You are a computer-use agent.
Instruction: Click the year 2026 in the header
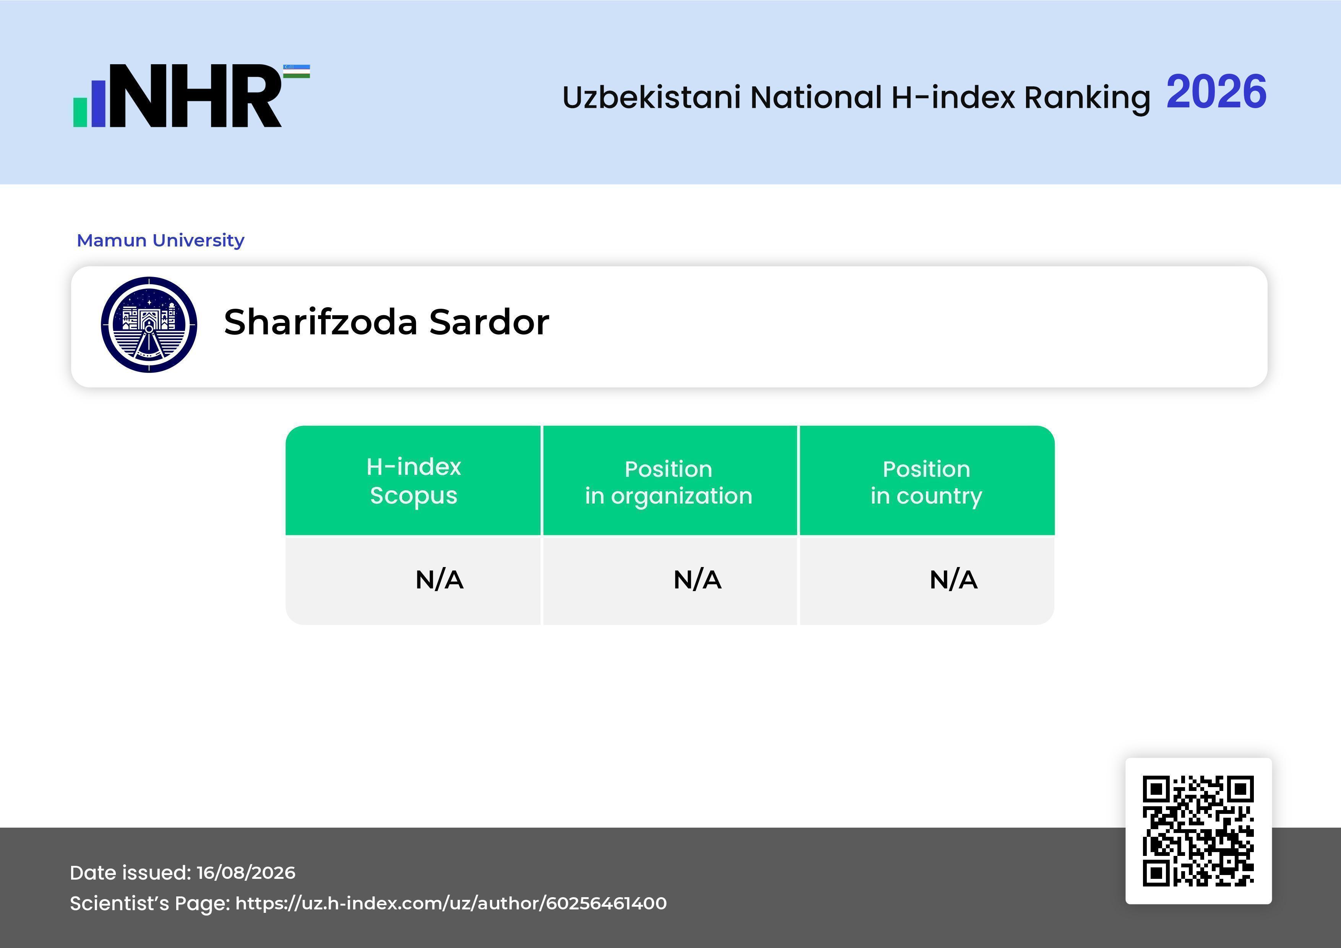click(x=1217, y=92)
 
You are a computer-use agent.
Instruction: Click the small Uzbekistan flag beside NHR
click(x=297, y=71)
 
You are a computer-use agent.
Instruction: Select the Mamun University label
click(x=161, y=240)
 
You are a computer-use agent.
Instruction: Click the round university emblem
click(x=149, y=324)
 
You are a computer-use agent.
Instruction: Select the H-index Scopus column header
click(x=414, y=481)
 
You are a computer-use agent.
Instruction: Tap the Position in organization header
click(x=669, y=482)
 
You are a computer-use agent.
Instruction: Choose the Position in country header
click(x=926, y=482)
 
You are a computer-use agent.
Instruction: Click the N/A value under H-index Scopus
click(x=439, y=580)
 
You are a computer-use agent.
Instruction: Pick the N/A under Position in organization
click(x=697, y=580)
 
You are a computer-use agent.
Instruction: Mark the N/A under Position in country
click(x=953, y=580)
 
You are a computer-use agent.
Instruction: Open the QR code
click(x=1198, y=831)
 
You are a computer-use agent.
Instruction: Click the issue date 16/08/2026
click(x=246, y=873)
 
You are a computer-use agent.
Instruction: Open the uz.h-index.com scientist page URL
click(x=451, y=903)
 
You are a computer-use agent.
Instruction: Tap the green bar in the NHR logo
click(x=80, y=112)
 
